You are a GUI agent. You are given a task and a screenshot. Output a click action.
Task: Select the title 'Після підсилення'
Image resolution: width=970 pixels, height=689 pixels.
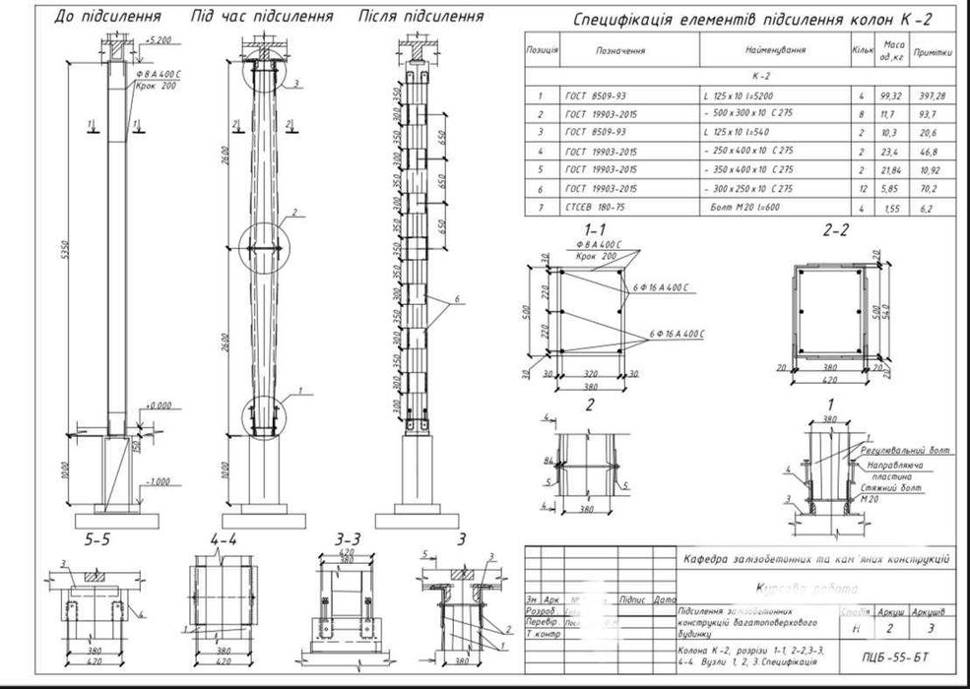(421, 17)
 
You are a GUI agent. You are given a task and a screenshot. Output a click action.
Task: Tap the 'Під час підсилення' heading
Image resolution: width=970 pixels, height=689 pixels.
(261, 17)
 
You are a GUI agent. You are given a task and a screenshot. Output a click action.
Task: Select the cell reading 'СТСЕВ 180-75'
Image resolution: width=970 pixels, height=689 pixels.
(590, 208)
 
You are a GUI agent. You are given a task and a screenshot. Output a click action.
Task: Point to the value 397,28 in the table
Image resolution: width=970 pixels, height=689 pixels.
(932, 95)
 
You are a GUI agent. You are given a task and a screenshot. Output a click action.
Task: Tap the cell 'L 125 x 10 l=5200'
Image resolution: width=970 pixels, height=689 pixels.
(751, 95)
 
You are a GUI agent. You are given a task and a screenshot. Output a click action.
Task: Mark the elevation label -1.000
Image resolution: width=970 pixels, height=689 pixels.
(158, 481)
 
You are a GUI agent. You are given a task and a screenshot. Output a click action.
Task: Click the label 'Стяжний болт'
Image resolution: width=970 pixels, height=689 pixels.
(892, 487)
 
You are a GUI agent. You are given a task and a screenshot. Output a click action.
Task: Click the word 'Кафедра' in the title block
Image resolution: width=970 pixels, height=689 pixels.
(711, 559)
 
